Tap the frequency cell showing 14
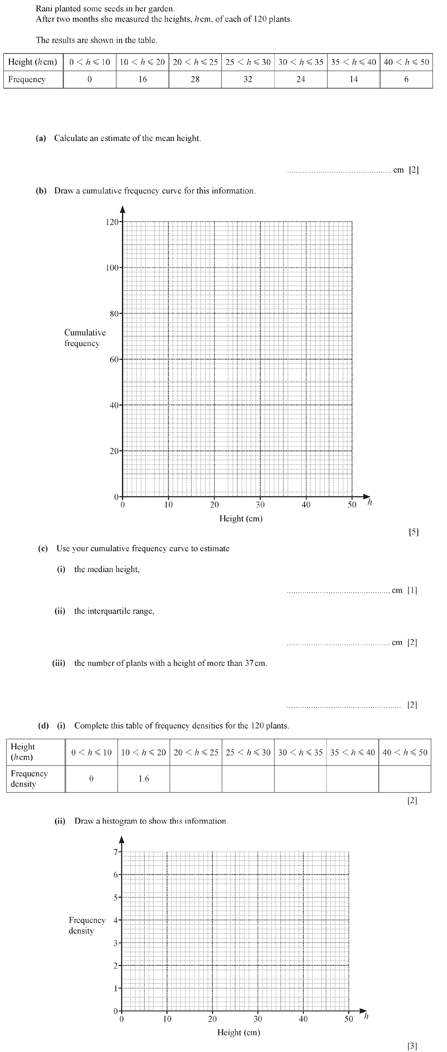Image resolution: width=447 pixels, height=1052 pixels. click(x=353, y=79)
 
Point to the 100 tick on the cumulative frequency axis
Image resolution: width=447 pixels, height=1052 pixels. click(x=112, y=268)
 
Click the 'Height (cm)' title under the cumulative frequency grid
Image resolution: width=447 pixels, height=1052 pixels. click(x=241, y=518)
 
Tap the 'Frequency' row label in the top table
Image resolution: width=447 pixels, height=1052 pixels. click(x=27, y=79)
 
